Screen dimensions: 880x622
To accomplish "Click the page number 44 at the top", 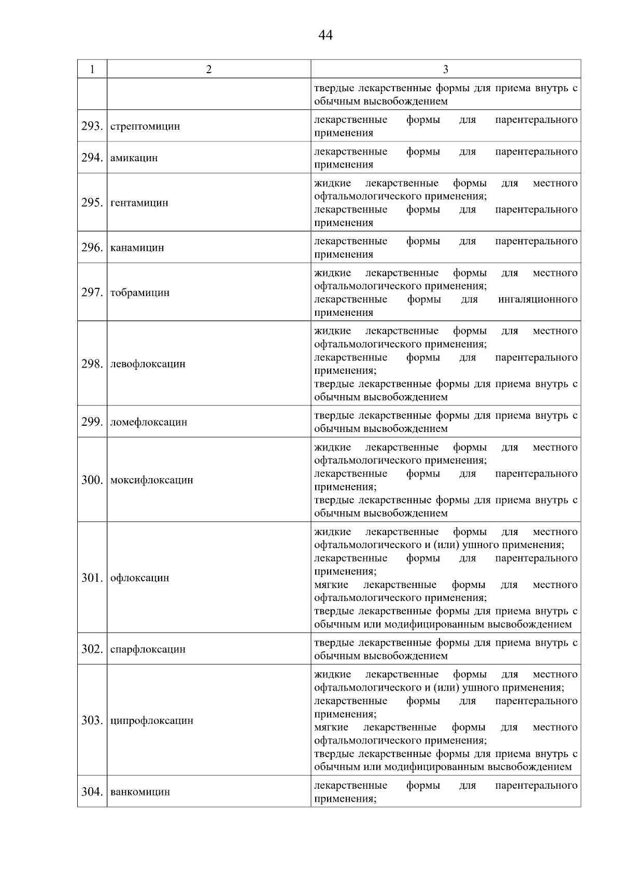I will click(x=326, y=35).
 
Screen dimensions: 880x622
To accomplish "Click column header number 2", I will click(x=209, y=69).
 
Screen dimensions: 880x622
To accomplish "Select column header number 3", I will click(x=445, y=69).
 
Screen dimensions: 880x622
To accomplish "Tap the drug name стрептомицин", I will click(x=145, y=126).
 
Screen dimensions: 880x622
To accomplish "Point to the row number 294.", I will click(x=92, y=158).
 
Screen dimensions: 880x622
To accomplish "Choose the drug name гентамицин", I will click(x=139, y=203).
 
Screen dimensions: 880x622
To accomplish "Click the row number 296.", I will click(x=92, y=247).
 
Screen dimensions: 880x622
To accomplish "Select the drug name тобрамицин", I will click(x=140, y=292).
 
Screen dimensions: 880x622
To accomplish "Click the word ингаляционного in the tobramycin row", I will click(x=538, y=299).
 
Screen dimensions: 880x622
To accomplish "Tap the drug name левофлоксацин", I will click(x=148, y=364).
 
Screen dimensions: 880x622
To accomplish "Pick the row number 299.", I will click(x=92, y=422).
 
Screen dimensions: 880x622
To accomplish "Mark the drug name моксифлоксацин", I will click(x=152, y=480).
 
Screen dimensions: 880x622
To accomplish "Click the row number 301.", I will click(x=92, y=578).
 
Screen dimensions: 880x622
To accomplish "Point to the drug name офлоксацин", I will click(x=140, y=578).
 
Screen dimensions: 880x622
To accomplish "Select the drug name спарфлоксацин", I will click(x=148, y=649).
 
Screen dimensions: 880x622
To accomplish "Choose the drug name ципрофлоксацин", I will click(x=152, y=720).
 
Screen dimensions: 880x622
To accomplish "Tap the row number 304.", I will click(x=92, y=792).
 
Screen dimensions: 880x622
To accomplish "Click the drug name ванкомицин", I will click(x=140, y=792).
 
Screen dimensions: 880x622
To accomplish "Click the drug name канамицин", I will click(x=137, y=247).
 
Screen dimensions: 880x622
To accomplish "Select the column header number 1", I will click(x=92, y=69).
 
